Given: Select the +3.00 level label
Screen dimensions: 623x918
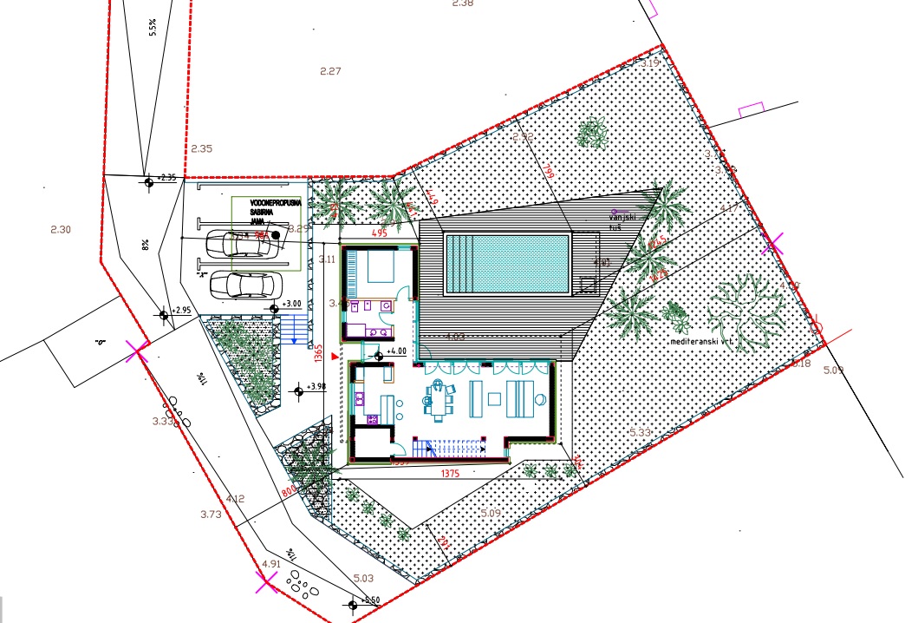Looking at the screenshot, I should point(291,305).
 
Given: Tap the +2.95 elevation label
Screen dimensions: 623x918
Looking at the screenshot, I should point(180,310).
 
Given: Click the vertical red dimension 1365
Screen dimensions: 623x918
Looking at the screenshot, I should point(318,353).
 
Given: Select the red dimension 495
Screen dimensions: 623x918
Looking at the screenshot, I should point(379,233).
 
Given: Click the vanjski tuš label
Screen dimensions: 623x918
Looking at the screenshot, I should point(623,218).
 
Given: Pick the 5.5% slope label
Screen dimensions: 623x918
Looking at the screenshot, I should point(153,29).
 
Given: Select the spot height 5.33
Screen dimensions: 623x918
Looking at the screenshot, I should point(640,432).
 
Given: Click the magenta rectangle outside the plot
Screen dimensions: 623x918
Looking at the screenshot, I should point(750,110).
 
